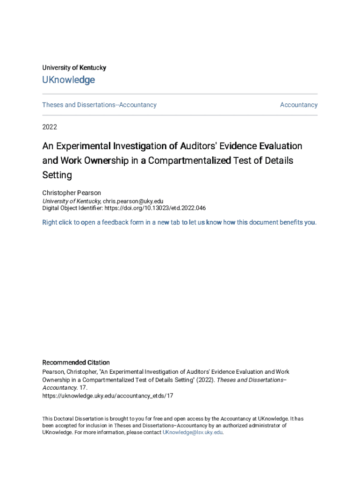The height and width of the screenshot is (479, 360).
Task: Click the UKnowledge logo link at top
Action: point(68,80)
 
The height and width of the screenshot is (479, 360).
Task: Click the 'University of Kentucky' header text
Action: point(74,68)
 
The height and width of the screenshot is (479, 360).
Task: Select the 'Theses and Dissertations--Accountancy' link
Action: point(99,105)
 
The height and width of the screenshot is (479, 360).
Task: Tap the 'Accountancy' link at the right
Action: point(298,105)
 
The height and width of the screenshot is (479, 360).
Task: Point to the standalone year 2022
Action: point(50,127)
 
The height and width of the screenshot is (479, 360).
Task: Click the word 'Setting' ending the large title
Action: point(57,175)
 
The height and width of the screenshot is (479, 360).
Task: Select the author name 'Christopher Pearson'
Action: point(72,193)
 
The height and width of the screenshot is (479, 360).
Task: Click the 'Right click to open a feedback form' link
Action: point(179,222)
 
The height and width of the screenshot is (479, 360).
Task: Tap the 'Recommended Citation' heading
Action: point(76,363)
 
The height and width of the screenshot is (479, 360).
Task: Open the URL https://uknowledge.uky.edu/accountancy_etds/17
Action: point(108,396)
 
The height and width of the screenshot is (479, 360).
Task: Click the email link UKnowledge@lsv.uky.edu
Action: point(192,433)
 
